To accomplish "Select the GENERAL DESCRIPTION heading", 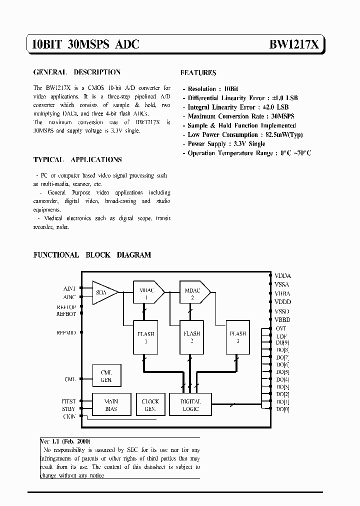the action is tap(76, 72).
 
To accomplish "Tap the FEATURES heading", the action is tap(198, 73).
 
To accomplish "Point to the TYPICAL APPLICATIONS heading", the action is tap(77, 160).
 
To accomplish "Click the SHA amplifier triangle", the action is tap(103, 292).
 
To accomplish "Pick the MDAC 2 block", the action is tap(193, 292).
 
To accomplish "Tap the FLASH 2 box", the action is tap(192, 337).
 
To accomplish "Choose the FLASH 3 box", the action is tap(237, 337).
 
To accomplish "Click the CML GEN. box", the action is tap(106, 376).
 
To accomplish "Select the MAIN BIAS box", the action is tap(111, 405).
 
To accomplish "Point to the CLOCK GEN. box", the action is tap(150, 405).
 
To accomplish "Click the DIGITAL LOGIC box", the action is tap(191, 405).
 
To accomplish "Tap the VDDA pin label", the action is tap(282, 276).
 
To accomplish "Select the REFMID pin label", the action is tap(66, 332).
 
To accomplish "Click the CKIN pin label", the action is tap(69, 416).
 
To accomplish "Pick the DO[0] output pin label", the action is tap(282, 409).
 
